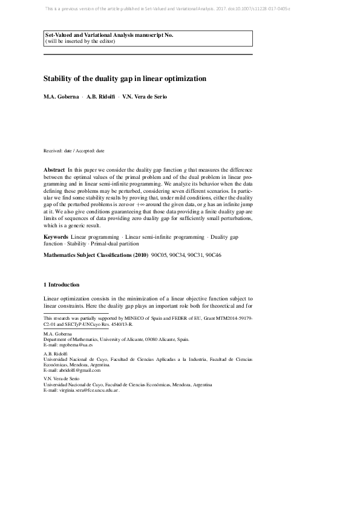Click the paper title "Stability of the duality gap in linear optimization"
click(x=125, y=79)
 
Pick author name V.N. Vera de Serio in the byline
click(x=145, y=97)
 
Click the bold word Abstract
click(x=54, y=171)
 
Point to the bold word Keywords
click(x=56, y=236)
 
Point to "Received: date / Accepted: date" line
click(x=74, y=151)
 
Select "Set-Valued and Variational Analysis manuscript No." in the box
click(x=109, y=36)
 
